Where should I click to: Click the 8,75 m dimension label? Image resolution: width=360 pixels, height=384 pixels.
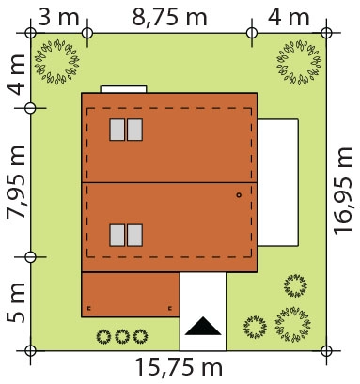pos(169,17)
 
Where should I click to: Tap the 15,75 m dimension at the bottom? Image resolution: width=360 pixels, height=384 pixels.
pos(179,366)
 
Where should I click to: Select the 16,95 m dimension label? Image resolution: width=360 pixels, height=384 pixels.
pos(343,191)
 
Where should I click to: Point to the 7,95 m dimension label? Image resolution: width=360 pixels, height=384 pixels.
pos(16,181)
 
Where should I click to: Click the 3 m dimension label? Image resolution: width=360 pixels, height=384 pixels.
pos(58,17)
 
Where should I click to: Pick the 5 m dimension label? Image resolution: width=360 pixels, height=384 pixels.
pos(16,302)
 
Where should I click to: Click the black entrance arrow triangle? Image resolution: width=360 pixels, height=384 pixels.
pos(203,326)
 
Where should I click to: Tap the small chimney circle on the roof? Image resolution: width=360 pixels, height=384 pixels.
pos(239,195)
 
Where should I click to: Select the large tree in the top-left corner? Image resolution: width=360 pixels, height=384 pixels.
pos(56,61)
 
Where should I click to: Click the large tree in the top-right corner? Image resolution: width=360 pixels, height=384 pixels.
pos(299,62)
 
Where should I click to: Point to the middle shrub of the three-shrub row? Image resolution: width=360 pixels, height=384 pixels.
pos(122,336)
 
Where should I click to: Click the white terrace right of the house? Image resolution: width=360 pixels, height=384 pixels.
pos(277,182)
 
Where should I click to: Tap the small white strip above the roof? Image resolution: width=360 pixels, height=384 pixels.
pos(123,89)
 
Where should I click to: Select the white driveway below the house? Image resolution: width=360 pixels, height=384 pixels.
pos(203,312)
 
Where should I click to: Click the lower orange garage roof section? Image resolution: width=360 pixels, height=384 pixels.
pos(131,295)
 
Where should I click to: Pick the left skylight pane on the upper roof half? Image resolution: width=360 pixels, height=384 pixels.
pos(117,130)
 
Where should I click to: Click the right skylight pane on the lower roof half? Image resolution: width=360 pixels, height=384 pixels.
pos(135,236)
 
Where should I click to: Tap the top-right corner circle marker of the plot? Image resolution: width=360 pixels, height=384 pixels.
pos(326,33)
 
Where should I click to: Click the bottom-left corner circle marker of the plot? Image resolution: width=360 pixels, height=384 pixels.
pos(30,350)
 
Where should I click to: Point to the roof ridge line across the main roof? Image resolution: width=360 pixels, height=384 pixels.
pos(169,182)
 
